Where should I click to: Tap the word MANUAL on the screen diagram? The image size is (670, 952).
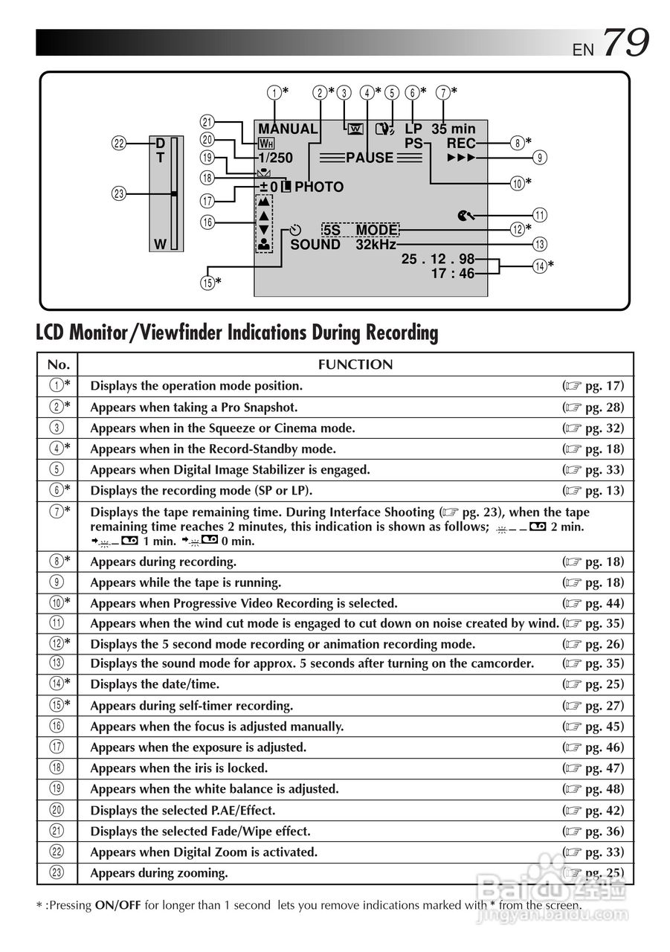click(288, 129)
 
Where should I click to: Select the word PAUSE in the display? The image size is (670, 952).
click(370, 158)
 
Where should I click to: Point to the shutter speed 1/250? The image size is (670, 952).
click(275, 158)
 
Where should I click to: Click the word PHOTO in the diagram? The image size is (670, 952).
click(319, 187)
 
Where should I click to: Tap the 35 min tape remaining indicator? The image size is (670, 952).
click(453, 129)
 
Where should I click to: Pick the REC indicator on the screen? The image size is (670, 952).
click(461, 144)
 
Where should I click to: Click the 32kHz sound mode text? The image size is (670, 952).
click(376, 245)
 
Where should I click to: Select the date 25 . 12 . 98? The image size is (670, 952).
click(437, 260)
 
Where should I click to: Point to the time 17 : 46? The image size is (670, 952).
click(452, 274)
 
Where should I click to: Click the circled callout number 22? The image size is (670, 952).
click(119, 144)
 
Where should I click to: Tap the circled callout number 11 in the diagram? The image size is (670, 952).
click(540, 216)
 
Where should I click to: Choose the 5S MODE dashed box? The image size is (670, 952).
click(361, 231)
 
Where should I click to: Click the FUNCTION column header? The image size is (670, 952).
click(355, 364)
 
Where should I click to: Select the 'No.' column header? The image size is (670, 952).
click(57, 364)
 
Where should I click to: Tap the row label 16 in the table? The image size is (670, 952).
click(57, 727)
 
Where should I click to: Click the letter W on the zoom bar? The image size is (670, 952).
click(159, 244)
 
